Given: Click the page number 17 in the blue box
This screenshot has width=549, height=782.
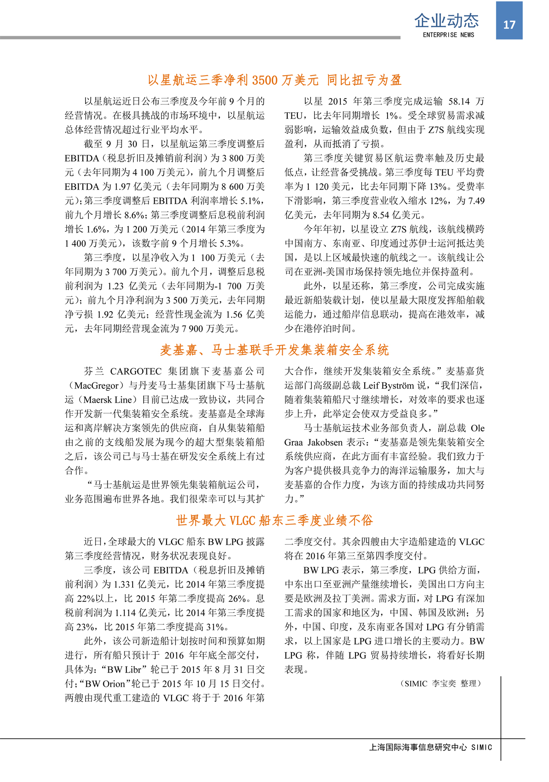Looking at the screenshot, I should pos(509,25).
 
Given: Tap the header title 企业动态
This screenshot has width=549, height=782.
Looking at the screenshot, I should pos(447,21).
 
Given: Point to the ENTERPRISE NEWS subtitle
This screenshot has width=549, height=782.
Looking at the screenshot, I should pos(448,35).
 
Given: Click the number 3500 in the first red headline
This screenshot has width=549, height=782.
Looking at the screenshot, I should pos(265,80).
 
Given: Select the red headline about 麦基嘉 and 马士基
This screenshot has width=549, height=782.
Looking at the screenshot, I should pos(274,350).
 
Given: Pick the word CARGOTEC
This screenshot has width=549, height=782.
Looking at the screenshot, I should pos(136,371).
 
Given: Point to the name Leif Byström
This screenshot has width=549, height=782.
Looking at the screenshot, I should pos(389,385).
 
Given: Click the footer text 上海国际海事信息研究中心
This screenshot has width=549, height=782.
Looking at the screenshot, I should pos(418,747).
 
